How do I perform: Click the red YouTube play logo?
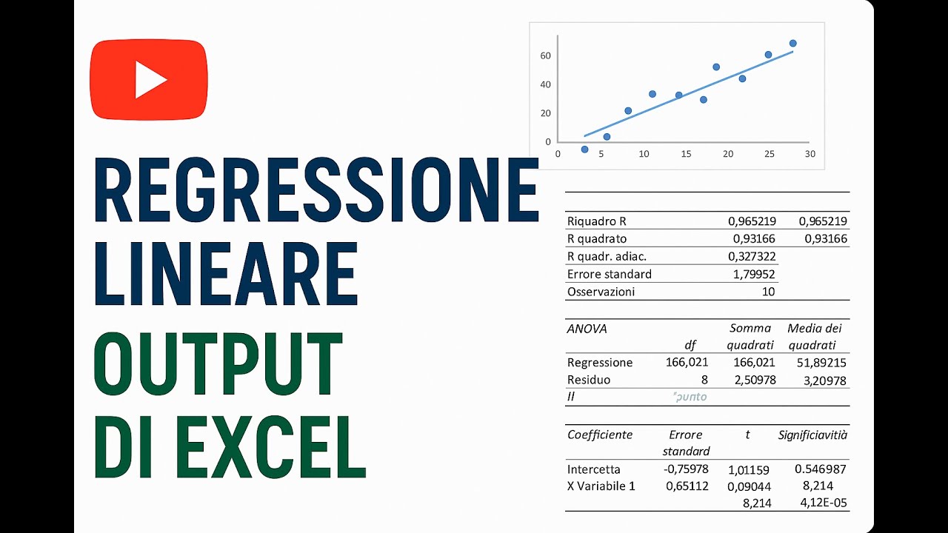point(148,80)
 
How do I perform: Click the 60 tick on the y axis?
point(545,56)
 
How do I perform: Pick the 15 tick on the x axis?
point(685,154)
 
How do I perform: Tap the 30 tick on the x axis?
point(810,154)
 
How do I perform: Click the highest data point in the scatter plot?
point(792,43)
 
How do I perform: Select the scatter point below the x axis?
point(584,150)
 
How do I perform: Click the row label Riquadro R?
point(597,221)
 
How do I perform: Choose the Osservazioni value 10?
point(768,292)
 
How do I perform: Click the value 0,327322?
point(751,256)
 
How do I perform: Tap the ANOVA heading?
point(587,329)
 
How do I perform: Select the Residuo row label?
point(589,380)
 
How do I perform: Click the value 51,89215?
point(817,363)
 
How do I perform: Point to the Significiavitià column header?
point(812,435)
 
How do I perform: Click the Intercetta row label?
point(594,469)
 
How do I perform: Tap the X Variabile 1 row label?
point(601,486)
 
